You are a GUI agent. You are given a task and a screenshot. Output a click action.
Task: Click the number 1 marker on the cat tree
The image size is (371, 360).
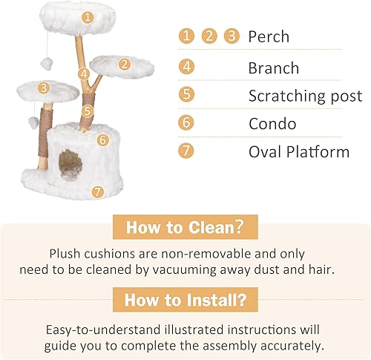(88, 16)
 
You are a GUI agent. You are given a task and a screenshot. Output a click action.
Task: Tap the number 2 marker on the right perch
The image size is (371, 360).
(125, 64)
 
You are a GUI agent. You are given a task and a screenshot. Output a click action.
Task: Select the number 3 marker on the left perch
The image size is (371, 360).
(44, 88)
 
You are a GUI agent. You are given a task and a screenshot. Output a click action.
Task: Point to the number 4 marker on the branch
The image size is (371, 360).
(84, 73)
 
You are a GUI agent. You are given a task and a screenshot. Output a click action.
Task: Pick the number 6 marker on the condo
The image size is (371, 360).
(103, 139)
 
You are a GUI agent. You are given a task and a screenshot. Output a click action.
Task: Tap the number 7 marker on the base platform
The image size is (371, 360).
(96, 192)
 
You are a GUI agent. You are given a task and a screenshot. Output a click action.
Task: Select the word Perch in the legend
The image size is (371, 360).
(269, 36)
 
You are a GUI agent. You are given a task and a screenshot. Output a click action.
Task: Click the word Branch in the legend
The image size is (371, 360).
(274, 68)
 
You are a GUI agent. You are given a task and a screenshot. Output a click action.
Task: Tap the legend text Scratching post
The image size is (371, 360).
(305, 96)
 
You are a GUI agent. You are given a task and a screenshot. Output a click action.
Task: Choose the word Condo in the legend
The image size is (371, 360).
(272, 123)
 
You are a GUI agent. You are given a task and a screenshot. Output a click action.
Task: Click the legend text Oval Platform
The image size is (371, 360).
(298, 151)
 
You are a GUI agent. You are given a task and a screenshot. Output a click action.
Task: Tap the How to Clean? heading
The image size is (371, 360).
(185, 227)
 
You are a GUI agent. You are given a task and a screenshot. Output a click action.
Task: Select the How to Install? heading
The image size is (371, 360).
(185, 301)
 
